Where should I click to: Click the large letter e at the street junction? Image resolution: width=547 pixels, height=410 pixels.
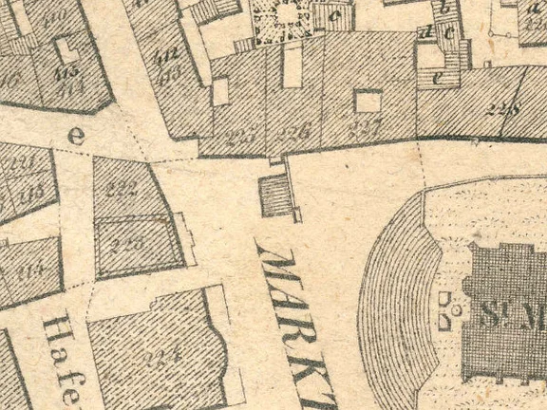(76, 136)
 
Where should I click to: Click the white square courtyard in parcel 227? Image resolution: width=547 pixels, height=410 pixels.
(368, 101)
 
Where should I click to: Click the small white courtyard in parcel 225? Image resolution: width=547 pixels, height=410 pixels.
(220, 91)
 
